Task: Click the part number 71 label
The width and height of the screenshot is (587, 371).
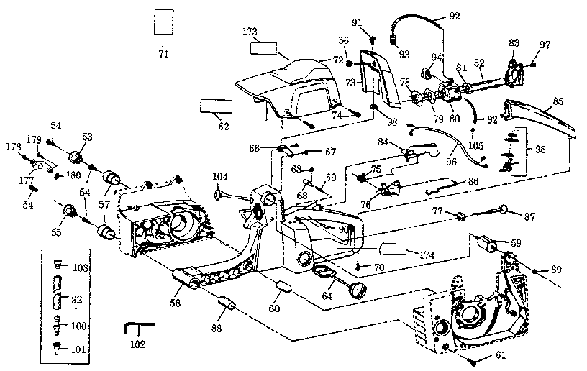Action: point(163,53)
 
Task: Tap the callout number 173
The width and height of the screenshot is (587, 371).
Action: point(250,33)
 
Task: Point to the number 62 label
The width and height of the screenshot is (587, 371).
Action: point(223,126)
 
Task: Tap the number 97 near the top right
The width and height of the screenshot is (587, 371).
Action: point(545,45)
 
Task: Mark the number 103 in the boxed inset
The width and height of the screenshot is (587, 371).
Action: point(80,268)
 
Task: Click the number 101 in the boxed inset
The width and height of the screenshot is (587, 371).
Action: point(80,351)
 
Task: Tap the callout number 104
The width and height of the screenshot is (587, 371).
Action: point(219,176)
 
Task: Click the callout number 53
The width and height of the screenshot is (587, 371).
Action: point(87,137)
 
